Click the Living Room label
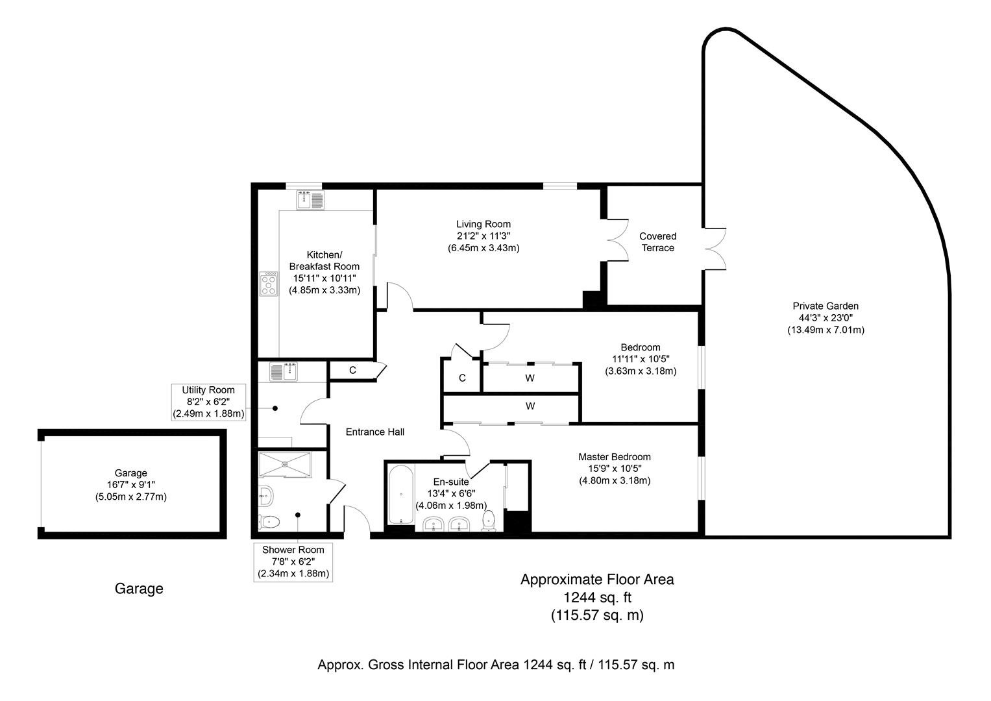[x=483, y=225]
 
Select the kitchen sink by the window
[x=310, y=201]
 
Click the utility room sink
[x=283, y=372]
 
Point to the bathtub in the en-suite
[x=400, y=495]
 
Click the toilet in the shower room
[x=269, y=521]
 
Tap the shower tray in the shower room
[x=285, y=464]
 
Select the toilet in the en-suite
[x=489, y=521]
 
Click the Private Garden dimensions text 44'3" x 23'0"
[x=826, y=318]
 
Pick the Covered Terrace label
[x=657, y=242]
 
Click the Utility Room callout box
[x=208, y=402]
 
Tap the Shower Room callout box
[x=293, y=561]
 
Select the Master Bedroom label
[x=614, y=457]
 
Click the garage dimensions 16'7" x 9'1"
[x=130, y=485]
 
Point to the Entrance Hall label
[x=374, y=432]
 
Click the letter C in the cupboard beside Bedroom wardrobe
[x=462, y=378]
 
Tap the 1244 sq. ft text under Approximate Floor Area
[x=597, y=597]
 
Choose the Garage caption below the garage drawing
[x=139, y=589]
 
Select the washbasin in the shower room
[x=266, y=497]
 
